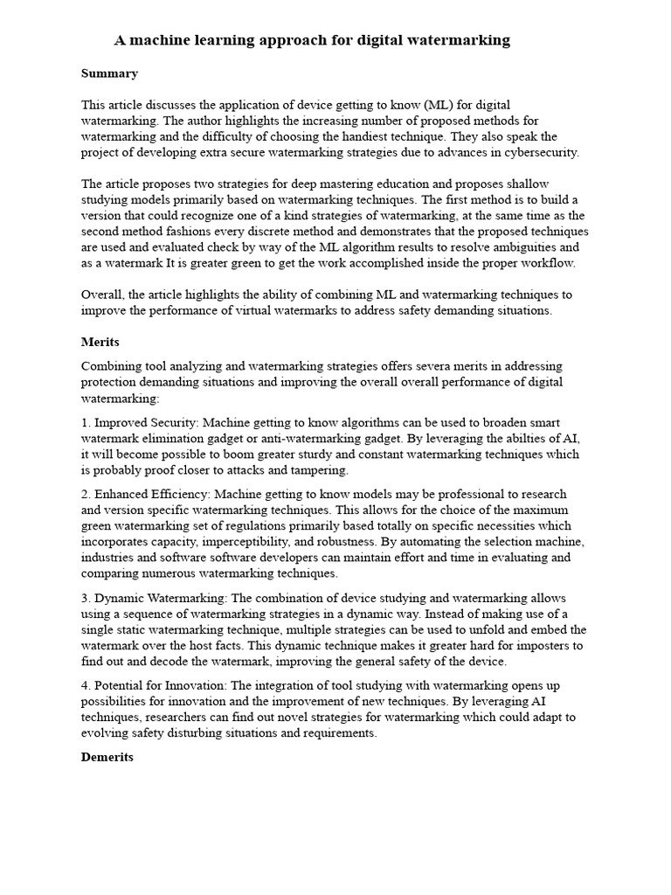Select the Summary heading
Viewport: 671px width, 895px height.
tap(109, 73)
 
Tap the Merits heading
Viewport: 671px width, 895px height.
tap(100, 342)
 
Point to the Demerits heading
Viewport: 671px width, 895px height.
tap(107, 757)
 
